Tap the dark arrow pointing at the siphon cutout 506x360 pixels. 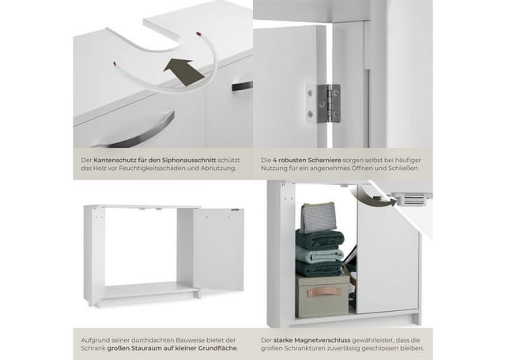pos(183,72)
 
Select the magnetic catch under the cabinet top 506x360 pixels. pos(410,199)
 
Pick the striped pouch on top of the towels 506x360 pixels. pos(318,218)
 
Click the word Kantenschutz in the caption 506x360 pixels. pos(111,160)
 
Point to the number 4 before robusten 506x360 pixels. pos(274,160)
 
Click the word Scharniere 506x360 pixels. pos(324,160)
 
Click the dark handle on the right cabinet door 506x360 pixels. pos(243,86)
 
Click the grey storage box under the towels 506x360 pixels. pos(321,296)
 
